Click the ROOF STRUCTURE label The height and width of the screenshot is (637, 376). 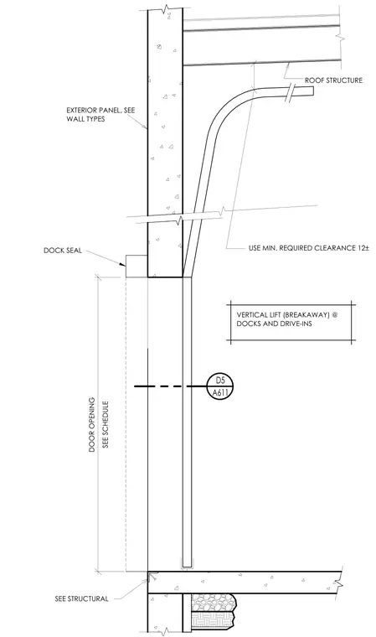(x=333, y=80)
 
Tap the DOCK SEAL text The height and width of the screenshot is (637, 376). (x=63, y=251)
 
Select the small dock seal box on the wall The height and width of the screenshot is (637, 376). (x=136, y=266)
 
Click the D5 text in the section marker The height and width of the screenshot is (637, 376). (x=219, y=381)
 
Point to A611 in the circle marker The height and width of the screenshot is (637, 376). (x=219, y=393)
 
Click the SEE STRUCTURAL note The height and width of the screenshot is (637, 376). (x=81, y=598)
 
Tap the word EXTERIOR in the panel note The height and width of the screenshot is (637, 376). (x=80, y=110)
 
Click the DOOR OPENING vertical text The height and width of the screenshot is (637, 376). (x=92, y=425)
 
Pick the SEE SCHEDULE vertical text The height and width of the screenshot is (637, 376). (x=106, y=425)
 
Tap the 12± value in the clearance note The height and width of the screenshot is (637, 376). (x=363, y=248)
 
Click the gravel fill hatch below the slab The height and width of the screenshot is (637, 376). (x=214, y=603)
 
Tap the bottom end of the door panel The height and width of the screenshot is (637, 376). (x=187, y=567)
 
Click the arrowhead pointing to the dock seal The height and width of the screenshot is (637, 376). (x=122, y=264)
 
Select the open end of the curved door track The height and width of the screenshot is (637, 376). (x=313, y=92)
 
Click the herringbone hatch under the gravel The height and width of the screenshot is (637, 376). (x=213, y=622)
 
